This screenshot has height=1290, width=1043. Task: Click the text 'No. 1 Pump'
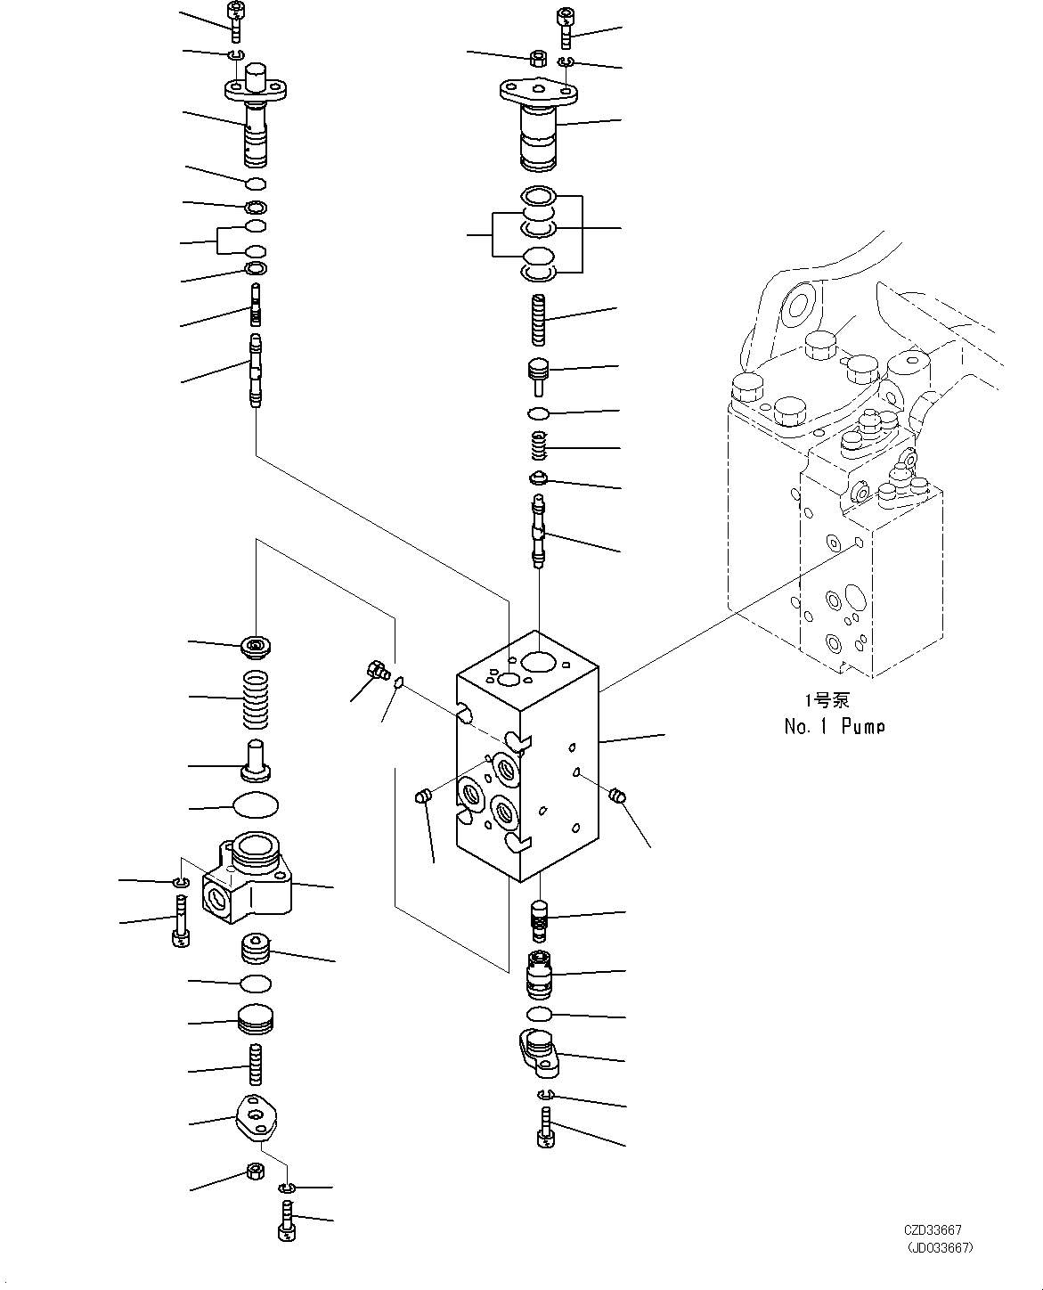(x=834, y=727)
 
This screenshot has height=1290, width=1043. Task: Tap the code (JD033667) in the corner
(x=939, y=1248)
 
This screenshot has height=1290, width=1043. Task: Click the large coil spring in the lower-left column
(x=256, y=697)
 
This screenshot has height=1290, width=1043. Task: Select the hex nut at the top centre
(x=538, y=59)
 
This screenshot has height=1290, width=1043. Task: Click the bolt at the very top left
(x=236, y=21)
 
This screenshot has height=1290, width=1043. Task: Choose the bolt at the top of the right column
(x=566, y=28)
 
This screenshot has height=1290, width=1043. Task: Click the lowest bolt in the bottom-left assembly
(x=286, y=1221)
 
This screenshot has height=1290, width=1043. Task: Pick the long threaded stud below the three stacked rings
(x=539, y=320)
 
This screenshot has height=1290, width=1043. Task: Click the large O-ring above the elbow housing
(x=256, y=805)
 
